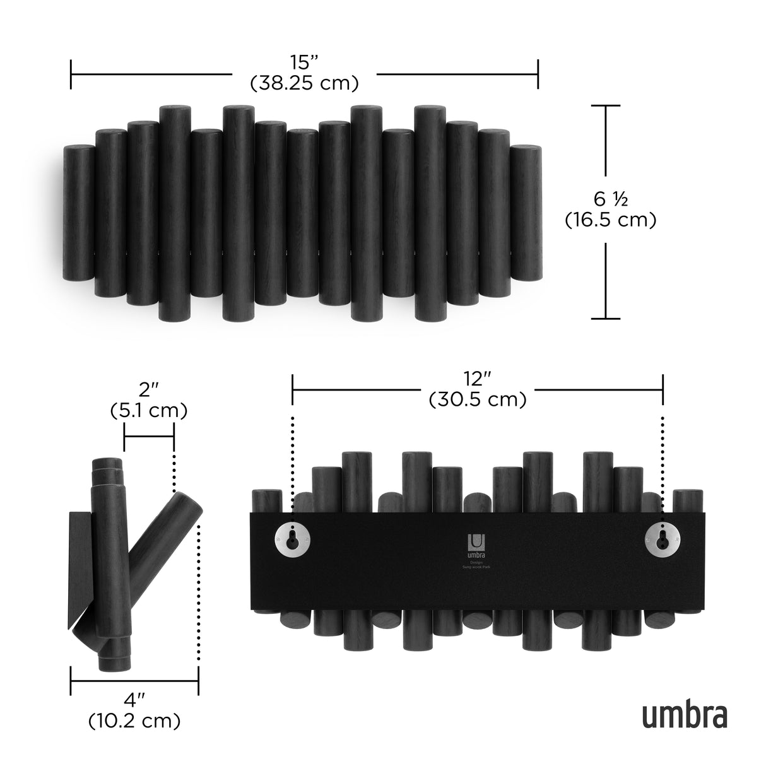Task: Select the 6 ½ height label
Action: pos(610,200)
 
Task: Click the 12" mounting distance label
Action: pos(477,380)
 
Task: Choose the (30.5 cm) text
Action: pos(477,400)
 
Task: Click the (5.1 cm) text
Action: pos(149,411)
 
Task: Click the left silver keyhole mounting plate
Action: pos(292,538)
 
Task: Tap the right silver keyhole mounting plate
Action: pos(662,538)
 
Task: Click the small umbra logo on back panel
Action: pos(476,546)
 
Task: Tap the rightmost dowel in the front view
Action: pos(526,212)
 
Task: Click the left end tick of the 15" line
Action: pos(71,74)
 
